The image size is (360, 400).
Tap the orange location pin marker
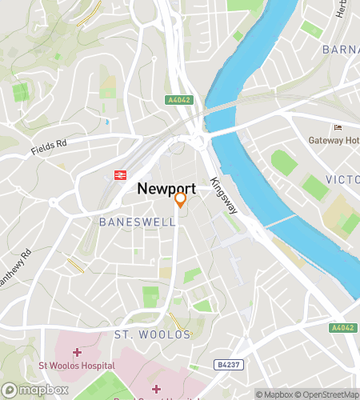click(181, 200)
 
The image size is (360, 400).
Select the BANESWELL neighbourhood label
click(137, 222)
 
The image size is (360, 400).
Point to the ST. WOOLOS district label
click(152, 334)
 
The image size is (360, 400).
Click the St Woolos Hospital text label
click(73, 366)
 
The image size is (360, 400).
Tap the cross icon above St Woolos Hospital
click(77, 352)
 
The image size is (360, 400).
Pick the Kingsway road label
click(223, 195)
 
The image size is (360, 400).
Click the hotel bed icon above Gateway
click(337, 127)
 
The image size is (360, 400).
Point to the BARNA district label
click(340, 50)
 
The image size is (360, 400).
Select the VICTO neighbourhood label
click(342, 179)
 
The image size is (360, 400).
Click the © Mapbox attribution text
click(274, 394)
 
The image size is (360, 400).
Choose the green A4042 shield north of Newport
click(178, 100)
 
